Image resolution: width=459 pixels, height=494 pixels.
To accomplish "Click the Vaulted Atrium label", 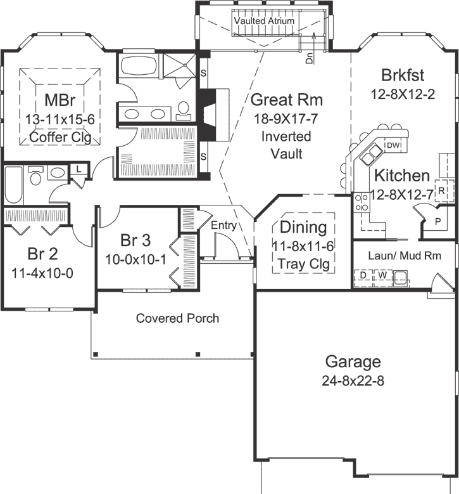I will pyautogui.click(x=264, y=21).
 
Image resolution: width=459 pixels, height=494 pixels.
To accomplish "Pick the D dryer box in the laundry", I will pyautogui.click(x=363, y=276).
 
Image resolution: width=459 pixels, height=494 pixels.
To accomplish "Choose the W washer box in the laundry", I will pyautogui.click(x=382, y=276).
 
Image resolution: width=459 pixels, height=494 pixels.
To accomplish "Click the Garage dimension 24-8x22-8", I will pyautogui.click(x=353, y=381).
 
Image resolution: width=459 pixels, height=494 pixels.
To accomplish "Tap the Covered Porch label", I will pyautogui.click(x=177, y=318).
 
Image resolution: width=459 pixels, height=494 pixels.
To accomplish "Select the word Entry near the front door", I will pyautogui.click(x=223, y=225).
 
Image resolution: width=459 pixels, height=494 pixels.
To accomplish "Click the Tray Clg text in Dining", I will pyautogui.click(x=304, y=264).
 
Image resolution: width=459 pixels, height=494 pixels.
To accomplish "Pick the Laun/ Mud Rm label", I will pyautogui.click(x=403, y=254).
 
